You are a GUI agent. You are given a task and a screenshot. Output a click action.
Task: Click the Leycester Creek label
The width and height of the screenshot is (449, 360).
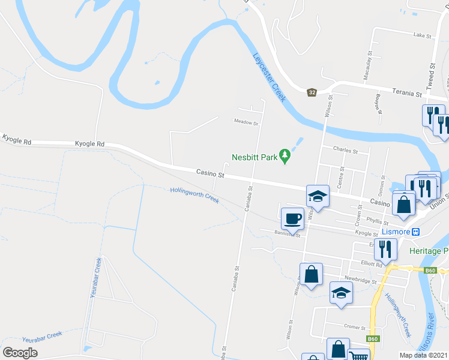click(268, 77)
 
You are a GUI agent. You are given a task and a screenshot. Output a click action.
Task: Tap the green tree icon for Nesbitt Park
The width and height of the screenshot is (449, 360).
click(286, 158)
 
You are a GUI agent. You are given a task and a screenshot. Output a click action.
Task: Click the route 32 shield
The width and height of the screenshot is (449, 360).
click(312, 92)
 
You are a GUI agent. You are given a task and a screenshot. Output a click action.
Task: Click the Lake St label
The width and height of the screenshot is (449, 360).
click(423, 36)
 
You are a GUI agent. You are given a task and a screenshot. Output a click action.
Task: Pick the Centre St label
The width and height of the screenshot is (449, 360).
click(340, 179)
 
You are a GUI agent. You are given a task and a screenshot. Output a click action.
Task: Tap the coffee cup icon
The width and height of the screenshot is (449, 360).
click(293, 218)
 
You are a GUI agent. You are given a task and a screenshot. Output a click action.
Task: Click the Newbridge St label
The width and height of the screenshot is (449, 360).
click(360, 280)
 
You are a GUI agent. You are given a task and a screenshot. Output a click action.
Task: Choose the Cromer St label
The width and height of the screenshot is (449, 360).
click(355, 328)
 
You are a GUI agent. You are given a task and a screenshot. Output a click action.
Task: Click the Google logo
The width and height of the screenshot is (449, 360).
click(20, 353)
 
